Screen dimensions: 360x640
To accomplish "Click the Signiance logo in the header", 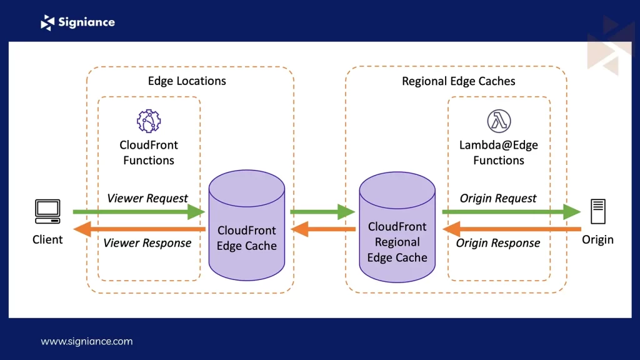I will pyautogui.click(x=77, y=22).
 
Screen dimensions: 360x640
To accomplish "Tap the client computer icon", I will pyautogui.click(x=47, y=212).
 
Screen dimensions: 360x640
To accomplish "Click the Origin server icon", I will pyautogui.click(x=597, y=212).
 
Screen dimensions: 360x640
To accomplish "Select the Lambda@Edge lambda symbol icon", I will pyautogui.click(x=499, y=121).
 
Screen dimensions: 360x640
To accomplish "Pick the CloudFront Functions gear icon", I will pyautogui.click(x=149, y=121).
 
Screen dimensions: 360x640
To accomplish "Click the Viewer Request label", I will pyautogui.click(x=147, y=198).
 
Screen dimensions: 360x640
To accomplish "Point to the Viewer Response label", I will pyautogui.click(x=147, y=242).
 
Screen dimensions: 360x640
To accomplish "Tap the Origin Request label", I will pyautogui.click(x=498, y=198).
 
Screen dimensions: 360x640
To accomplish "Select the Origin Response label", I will pyautogui.click(x=498, y=242).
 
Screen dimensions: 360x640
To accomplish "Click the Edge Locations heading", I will pyautogui.click(x=187, y=81).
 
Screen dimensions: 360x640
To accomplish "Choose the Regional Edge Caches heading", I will pyautogui.click(x=459, y=81).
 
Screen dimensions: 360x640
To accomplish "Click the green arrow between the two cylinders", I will pyautogui.click(x=321, y=212).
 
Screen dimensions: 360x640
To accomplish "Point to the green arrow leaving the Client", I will pyautogui.click(x=137, y=212).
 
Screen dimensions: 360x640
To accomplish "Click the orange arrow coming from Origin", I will pyautogui.click(x=512, y=229).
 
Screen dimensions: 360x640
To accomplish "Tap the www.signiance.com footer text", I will pyautogui.click(x=87, y=341).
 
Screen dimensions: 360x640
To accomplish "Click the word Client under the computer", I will pyautogui.click(x=47, y=239).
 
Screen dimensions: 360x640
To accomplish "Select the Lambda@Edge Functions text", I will pyautogui.click(x=498, y=152).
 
